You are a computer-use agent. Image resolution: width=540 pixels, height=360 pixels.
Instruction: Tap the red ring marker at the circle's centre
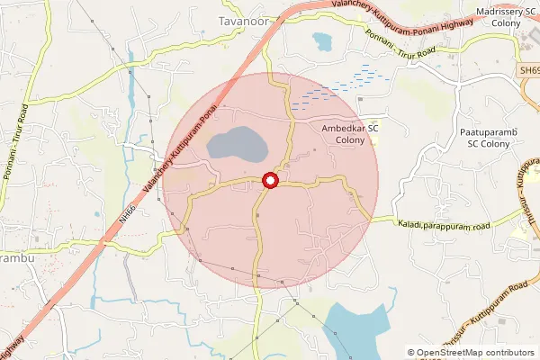tap(269, 181)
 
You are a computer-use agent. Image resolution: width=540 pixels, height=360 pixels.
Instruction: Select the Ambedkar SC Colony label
tap(352, 134)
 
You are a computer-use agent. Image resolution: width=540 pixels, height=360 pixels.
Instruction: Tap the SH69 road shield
tap(529, 69)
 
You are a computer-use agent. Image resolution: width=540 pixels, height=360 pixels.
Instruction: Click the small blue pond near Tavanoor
tap(321, 40)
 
